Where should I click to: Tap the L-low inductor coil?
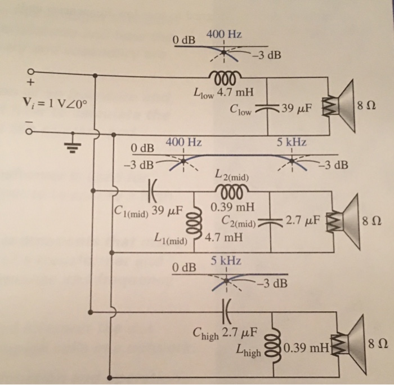tap(225, 77)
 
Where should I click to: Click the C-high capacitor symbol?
tap(227, 311)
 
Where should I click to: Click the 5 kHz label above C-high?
tap(226, 261)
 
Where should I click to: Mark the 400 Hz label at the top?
tap(224, 35)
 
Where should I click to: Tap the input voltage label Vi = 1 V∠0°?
tap(52, 105)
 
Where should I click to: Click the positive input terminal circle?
tap(32, 73)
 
